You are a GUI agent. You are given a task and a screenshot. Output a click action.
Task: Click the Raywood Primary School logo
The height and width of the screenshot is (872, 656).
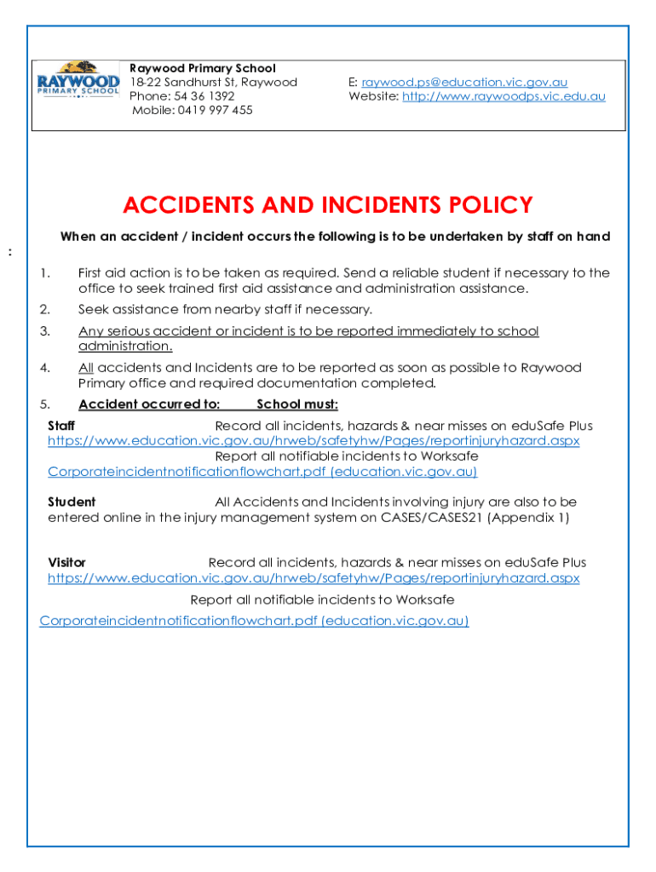pos(78,81)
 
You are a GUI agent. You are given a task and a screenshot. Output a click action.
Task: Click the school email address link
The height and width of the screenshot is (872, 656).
pos(464,83)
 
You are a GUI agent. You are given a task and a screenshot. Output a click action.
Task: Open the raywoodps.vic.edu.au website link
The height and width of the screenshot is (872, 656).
pos(504,96)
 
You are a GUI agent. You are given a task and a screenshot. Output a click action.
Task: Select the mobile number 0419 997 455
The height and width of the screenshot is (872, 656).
pos(193,110)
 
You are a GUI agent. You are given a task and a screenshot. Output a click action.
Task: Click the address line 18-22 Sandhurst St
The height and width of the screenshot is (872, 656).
pos(213,83)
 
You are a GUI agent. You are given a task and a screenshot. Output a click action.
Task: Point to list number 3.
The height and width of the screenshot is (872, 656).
pos(45,331)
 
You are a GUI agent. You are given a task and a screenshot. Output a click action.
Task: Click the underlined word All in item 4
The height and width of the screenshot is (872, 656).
pos(86,368)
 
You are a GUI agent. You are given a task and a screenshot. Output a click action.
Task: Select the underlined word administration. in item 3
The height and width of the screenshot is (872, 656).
pos(125,347)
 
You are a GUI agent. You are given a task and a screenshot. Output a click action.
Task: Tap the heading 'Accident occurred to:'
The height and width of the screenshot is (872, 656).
pos(149,404)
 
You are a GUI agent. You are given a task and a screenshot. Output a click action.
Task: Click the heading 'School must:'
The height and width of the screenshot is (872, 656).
pos(297,404)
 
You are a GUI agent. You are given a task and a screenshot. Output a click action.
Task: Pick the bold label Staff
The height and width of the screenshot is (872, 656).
pos(61,426)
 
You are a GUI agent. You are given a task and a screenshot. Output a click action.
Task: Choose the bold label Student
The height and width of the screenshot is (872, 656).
pos(72,502)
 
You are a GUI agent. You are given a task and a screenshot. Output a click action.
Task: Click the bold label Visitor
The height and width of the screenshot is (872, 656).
pos(67,563)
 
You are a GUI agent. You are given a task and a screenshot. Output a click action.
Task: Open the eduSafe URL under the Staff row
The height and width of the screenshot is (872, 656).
pos(314,441)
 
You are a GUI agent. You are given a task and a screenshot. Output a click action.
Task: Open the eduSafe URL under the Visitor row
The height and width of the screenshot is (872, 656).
pos(314,578)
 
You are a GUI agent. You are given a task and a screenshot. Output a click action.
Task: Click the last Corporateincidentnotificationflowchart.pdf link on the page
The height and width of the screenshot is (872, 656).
pos(254,621)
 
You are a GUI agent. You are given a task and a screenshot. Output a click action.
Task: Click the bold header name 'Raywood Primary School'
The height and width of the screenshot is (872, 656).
pos(203,68)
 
